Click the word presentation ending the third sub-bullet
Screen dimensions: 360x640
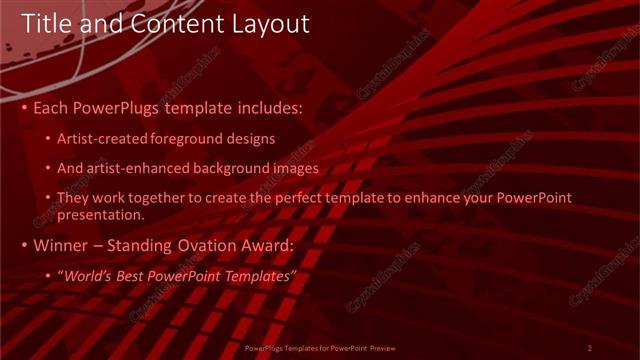[101, 214]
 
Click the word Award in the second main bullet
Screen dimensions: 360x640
[267, 245]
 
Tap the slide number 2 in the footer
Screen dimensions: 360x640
[590, 348]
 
